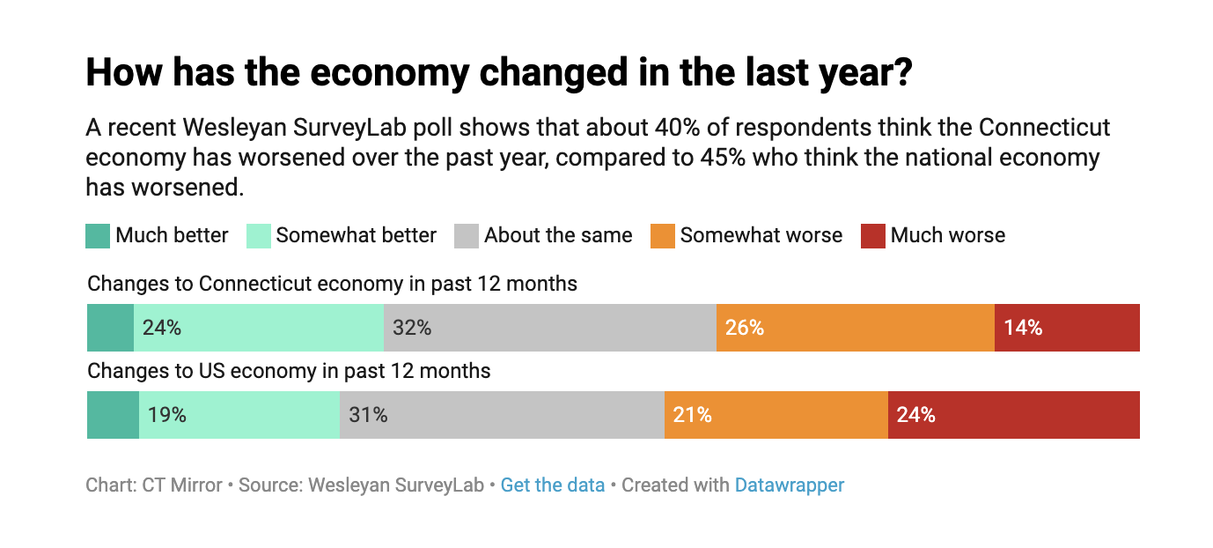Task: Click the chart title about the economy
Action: pos(497,72)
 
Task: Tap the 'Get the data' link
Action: pos(552,485)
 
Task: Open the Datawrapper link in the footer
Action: pos(789,485)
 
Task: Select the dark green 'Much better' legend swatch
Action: pos(98,236)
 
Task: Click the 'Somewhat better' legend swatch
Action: pos(258,236)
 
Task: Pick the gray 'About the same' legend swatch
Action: pos(467,236)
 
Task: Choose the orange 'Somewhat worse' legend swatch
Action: pos(663,236)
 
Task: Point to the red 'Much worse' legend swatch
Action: pos(873,236)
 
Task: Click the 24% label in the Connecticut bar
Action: pos(162,328)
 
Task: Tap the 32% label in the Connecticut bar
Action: pos(412,328)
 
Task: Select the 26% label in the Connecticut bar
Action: pos(745,328)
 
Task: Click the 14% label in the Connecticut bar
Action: pos(1023,328)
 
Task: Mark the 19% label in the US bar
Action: pos(167,415)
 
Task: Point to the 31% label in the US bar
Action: pos(368,415)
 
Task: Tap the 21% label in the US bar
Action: pos(693,415)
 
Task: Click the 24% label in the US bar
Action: pos(915,415)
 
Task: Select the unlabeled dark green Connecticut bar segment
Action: pos(110,328)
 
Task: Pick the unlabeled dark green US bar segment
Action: pos(113,415)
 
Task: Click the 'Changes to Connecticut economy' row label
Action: pos(332,285)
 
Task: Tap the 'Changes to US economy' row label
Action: pos(289,371)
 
